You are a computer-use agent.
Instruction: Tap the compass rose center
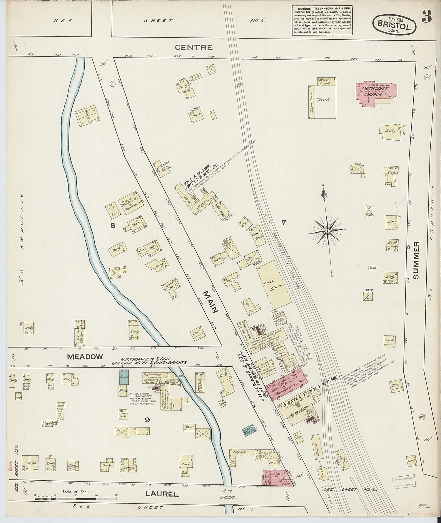coord(327,231)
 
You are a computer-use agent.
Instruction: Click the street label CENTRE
coord(193,47)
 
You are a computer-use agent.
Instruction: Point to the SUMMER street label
coord(416,260)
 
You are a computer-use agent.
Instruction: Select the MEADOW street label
coord(85,357)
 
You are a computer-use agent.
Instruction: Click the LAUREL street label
coord(162,494)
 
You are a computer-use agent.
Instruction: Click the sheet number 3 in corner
coord(427,18)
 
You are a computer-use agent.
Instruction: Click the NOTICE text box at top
coord(322,20)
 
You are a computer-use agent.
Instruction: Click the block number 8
coord(112,226)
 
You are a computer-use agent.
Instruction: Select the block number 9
coord(147,420)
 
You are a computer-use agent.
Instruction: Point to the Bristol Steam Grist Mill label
coord(309,390)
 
